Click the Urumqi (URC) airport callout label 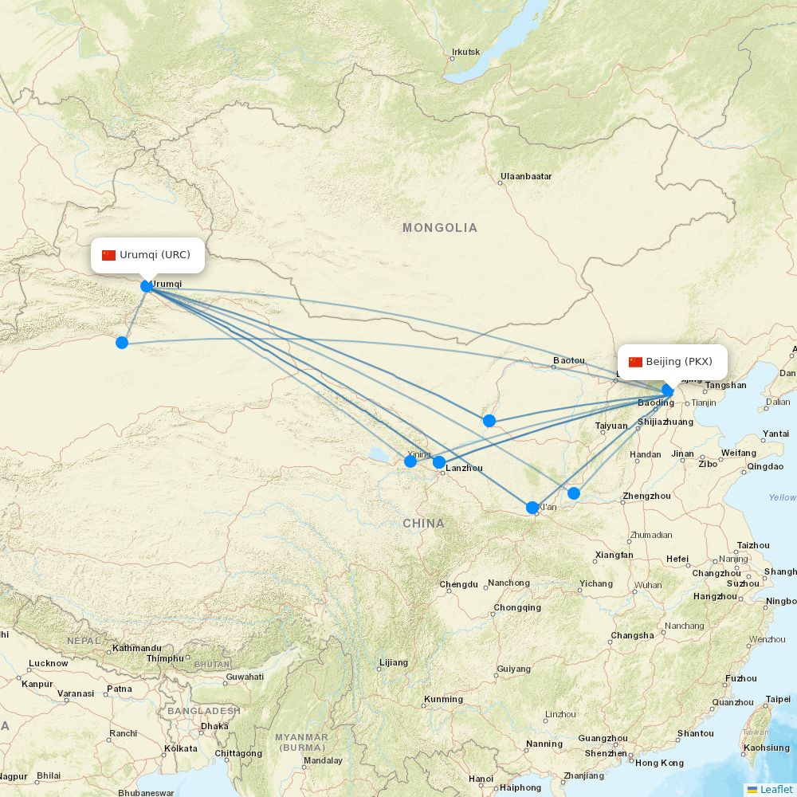pyautogui.click(x=147, y=255)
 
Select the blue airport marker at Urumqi pyautogui.click(x=147, y=286)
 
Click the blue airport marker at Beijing pyautogui.click(x=669, y=390)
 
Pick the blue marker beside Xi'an pyautogui.click(x=532, y=508)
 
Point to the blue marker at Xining pyautogui.click(x=410, y=461)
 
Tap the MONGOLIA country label pyautogui.click(x=440, y=228)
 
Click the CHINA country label pyautogui.click(x=423, y=524)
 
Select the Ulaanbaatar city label pyautogui.click(x=526, y=176)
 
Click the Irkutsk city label pyautogui.click(x=465, y=53)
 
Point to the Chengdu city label pyautogui.click(x=459, y=584)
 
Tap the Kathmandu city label pyautogui.click(x=137, y=648)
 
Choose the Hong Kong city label pyautogui.click(x=660, y=763)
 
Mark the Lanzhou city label pyautogui.click(x=465, y=468)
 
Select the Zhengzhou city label pyautogui.click(x=646, y=496)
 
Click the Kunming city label pyautogui.click(x=443, y=700)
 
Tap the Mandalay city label pyautogui.click(x=323, y=760)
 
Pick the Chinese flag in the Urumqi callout pyautogui.click(x=109, y=255)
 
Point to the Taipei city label pyautogui.click(x=778, y=699)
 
